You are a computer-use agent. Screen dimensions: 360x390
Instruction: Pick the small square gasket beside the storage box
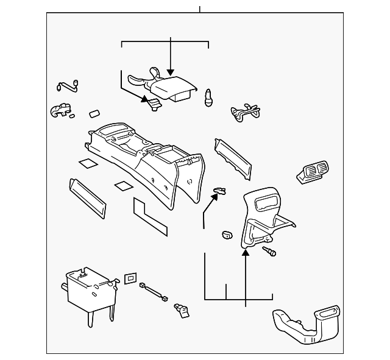coord(130,278)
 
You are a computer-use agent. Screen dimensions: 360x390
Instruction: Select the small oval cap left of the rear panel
coord(226,235)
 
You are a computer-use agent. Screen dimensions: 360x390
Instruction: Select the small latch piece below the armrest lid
coord(155,104)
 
